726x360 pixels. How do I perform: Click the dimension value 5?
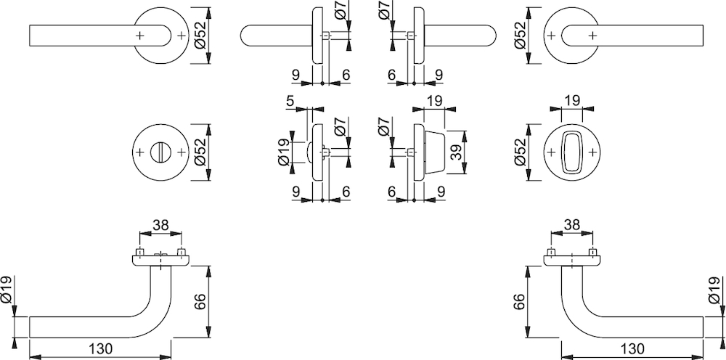click(x=290, y=101)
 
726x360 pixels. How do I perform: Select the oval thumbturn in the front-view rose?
click(x=572, y=152)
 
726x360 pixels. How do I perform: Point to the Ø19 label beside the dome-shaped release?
click(x=284, y=152)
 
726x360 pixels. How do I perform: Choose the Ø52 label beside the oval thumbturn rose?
click(x=521, y=152)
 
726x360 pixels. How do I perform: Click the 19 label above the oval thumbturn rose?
click(x=572, y=101)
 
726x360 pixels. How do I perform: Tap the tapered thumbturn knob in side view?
click(x=434, y=152)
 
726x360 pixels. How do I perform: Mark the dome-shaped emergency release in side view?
click(x=309, y=152)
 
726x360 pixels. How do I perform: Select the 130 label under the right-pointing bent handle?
click(x=632, y=348)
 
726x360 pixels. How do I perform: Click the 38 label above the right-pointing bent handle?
click(x=572, y=225)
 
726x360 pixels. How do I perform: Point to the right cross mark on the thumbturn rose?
click(x=592, y=152)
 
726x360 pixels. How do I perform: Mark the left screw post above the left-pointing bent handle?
click(x=139, y=253)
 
